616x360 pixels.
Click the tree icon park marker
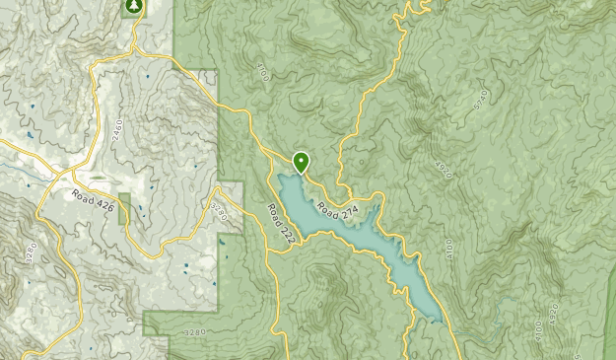click(132, 6)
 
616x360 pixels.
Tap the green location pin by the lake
click(301, 161)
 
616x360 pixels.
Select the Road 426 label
click(93, 201)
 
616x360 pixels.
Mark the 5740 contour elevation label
click(479, 102)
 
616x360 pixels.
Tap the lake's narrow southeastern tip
click(434, 318)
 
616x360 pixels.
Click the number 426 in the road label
click(103, 205)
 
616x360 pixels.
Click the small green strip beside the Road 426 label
click(124, 208)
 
